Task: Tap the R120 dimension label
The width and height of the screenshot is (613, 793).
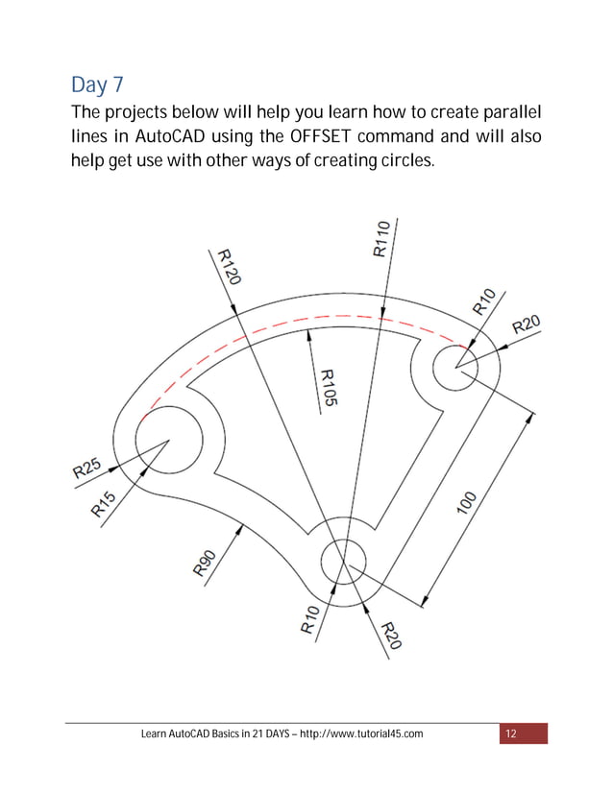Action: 228,267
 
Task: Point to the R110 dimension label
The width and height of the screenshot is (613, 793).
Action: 380,237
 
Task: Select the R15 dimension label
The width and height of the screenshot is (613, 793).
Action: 104,504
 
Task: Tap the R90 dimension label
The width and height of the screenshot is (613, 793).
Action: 206,563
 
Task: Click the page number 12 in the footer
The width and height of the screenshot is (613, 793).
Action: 510,734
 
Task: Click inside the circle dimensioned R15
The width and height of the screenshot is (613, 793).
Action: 168,440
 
